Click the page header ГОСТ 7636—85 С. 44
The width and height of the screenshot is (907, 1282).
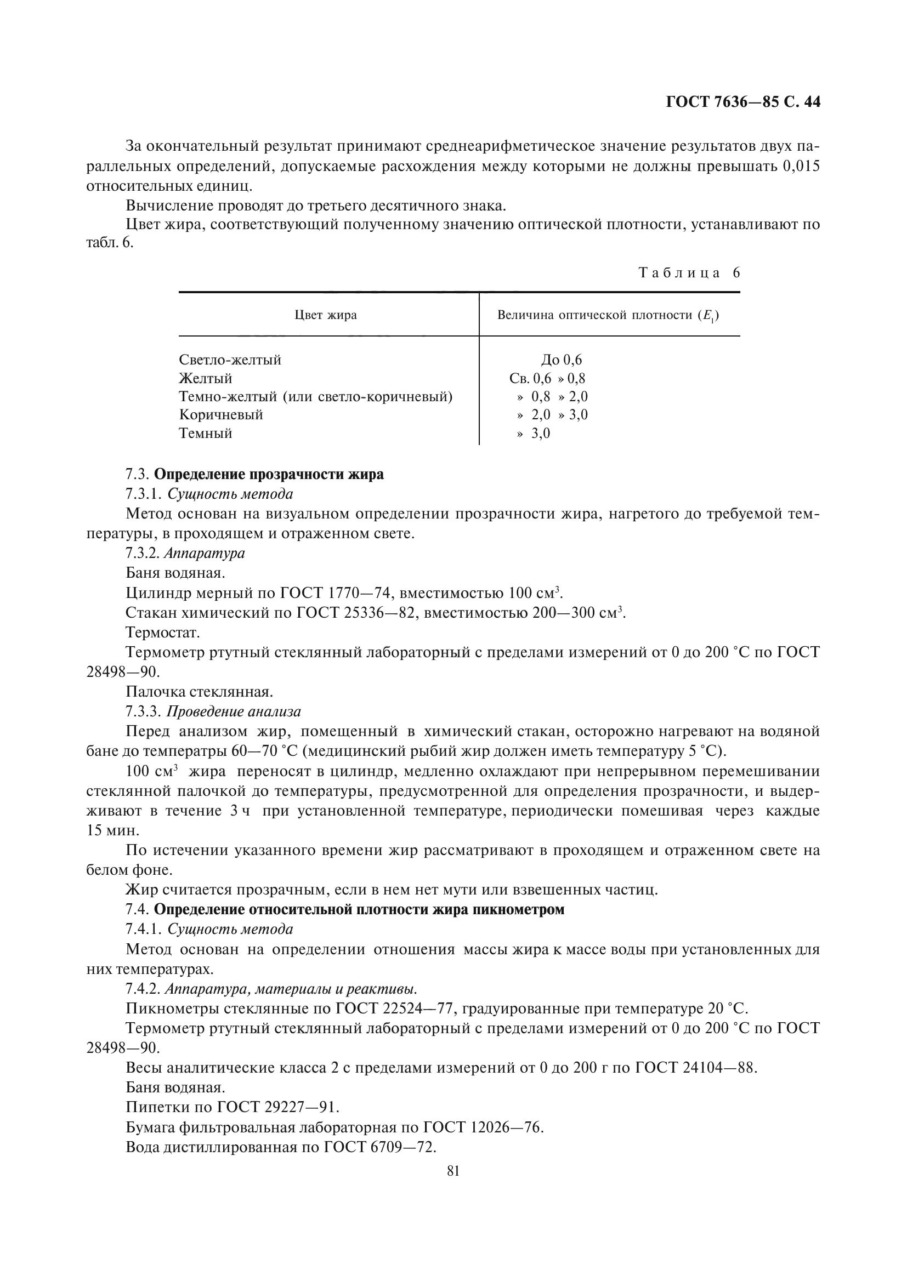click(743, 102)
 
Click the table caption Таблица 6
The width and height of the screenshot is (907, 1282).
click(689, 273)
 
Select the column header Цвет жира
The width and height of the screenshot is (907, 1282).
click(326, 316)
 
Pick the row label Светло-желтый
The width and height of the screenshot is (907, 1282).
click(230, 360)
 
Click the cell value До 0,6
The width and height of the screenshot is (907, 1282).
click(562, 360)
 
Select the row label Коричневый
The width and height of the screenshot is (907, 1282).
click(220, 415)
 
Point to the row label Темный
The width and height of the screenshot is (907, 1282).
click(206, 434)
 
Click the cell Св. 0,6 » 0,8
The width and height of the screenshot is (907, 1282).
click(547, 379)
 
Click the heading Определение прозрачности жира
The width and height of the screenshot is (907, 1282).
click(269, 475)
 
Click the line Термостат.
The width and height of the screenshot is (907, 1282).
click(162, 633)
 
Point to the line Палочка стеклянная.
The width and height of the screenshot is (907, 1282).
click(200, 692)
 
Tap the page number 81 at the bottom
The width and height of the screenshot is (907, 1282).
click(453, 1171)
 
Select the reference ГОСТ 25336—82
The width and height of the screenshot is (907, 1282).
click(358, 613)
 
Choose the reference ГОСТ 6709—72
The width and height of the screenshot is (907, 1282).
click(380, 1147)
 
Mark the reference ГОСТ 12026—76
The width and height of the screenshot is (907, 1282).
click(483, 1127)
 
